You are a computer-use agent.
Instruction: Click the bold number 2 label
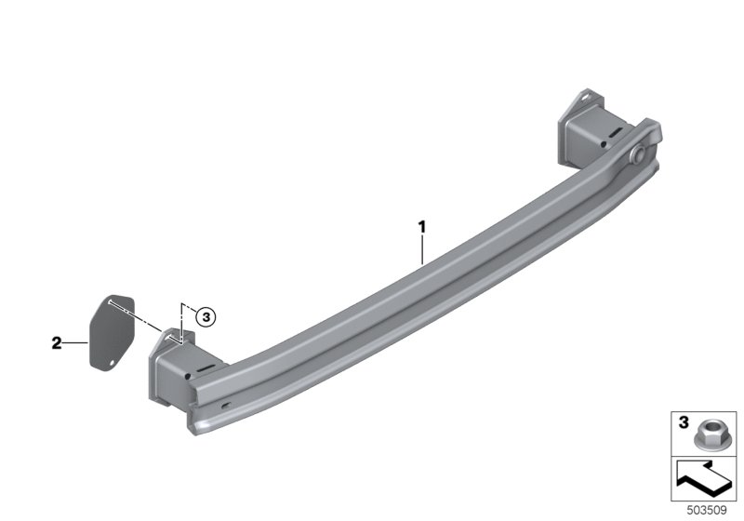coord(56,343)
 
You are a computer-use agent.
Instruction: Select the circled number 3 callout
coord(206,317)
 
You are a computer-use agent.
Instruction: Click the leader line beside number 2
coord(75,343)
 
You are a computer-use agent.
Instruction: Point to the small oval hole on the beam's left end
coord(226,405)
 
